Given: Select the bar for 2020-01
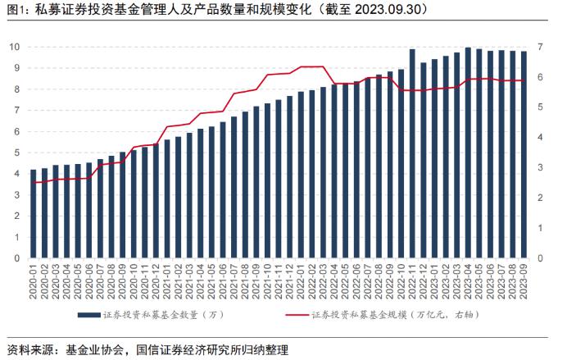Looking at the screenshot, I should click(34, 214).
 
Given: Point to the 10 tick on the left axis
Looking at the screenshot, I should click(15, 47).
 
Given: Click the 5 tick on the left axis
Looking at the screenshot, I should click(17, 153).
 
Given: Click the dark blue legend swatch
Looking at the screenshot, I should click(89, 314).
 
